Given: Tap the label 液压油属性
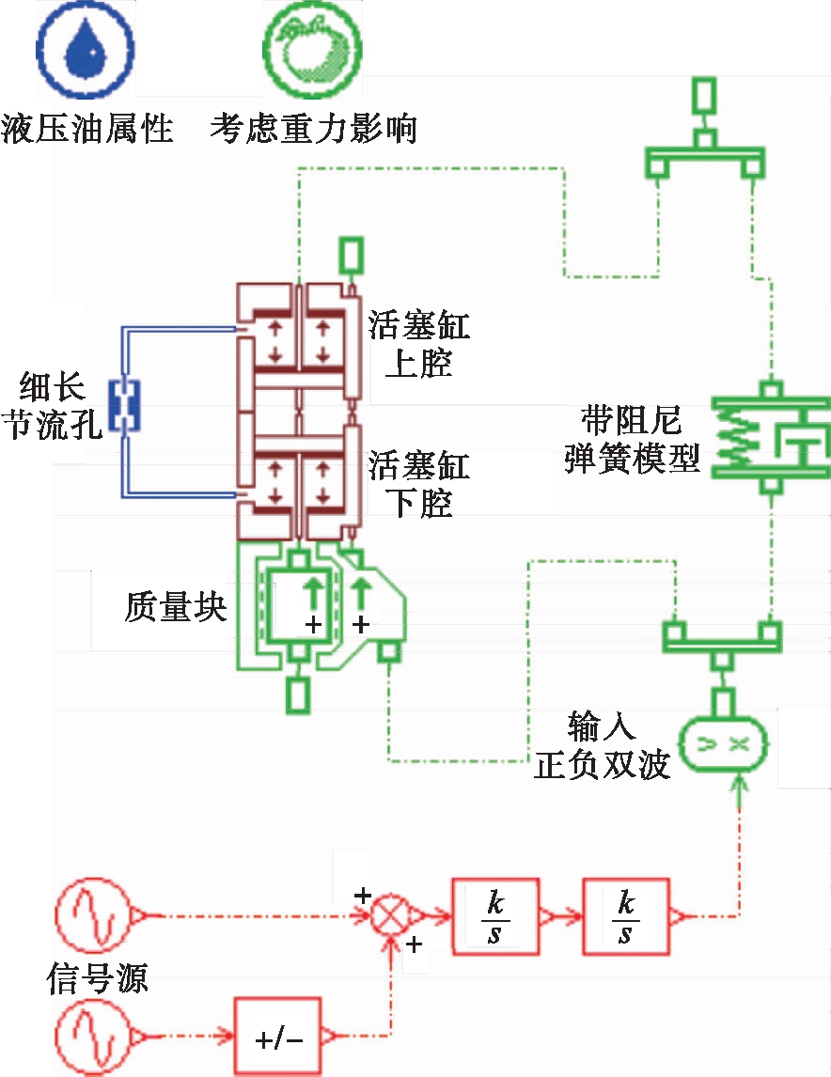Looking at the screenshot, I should (87, 128).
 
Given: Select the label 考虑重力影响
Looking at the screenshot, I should (313, 128).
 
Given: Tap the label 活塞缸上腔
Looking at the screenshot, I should (418, 344).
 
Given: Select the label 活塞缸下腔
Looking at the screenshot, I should (418, 483).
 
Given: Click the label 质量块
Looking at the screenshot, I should (176, 606).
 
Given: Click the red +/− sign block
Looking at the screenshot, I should (278, 1038).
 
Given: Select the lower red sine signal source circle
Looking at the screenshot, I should (91, 1038).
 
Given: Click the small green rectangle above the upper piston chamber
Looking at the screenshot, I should (350, 254).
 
